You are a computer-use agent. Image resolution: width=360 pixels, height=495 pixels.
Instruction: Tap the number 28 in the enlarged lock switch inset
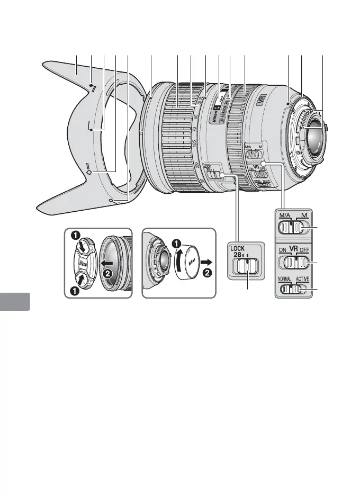236,256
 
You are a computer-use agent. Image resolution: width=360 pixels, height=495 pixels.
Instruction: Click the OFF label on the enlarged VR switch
307,250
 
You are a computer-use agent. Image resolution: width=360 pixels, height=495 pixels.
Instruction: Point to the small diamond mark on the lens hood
89,172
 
